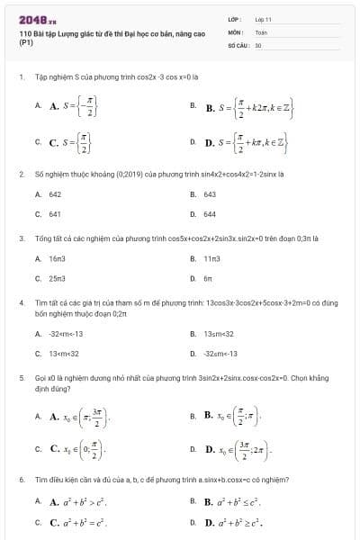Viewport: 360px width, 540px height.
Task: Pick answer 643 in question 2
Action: point(210,193)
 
